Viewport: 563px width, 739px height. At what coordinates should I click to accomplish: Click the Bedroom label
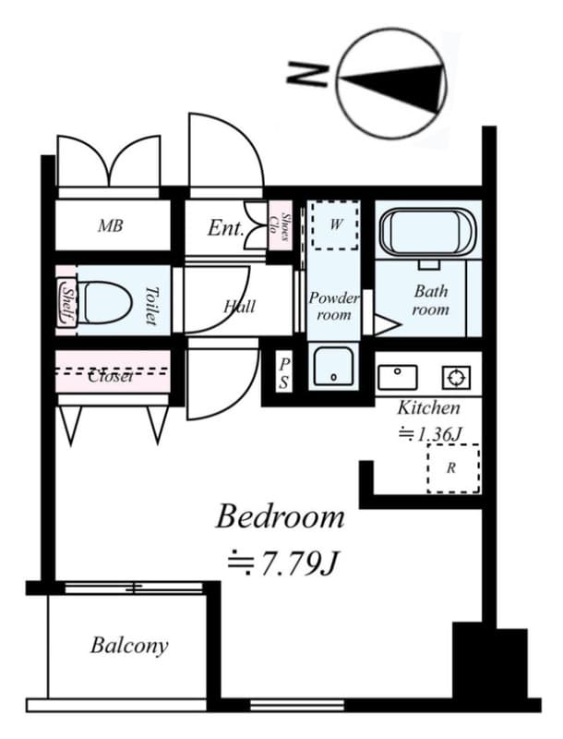(280, 516)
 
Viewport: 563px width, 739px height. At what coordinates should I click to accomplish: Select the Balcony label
(129, 645)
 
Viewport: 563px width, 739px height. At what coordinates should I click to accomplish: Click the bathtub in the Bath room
(428, 232)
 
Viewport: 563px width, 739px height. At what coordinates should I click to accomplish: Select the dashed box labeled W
(334, 224)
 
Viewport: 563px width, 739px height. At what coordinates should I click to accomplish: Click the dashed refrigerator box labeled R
(452, 468)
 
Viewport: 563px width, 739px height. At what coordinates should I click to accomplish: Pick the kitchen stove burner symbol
(456, 377)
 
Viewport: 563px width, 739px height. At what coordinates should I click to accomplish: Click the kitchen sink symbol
(398, 376)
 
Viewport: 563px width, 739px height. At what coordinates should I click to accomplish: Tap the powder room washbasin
(331, 366)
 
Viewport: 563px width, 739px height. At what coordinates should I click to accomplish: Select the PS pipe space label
(283, 372)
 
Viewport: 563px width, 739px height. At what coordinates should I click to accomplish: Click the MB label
(111, 225)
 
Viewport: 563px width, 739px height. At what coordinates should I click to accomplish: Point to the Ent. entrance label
(224, 227)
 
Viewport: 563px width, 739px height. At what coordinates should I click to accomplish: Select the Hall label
(240, 306)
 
